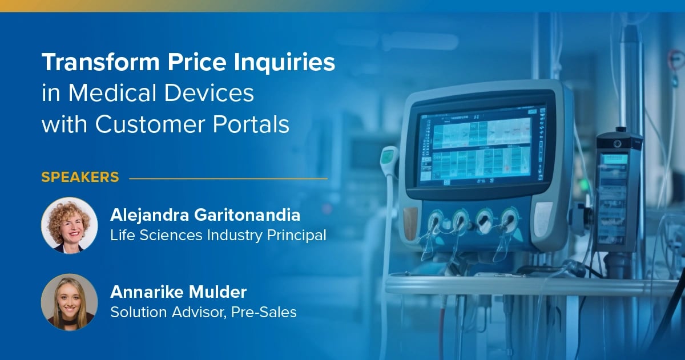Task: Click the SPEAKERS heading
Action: pos(80,177)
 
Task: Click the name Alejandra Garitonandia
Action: pos(205,216)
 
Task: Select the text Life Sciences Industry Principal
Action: pos(218,234)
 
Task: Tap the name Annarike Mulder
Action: pos(178,293)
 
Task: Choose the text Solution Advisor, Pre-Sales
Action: pos(203,312)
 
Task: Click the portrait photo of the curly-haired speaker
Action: pos(69,225)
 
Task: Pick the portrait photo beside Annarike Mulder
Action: pos(69,302)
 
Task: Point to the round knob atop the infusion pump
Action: pos(617,142)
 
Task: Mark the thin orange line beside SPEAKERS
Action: pos(228,178)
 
